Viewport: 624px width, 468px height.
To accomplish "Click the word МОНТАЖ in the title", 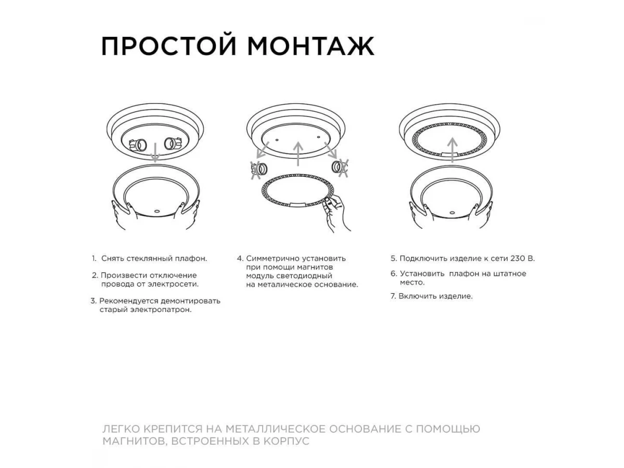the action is coord(310,46).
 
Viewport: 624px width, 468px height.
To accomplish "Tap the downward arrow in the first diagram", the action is coord(155,152).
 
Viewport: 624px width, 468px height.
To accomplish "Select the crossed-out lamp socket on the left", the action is coord(259,170).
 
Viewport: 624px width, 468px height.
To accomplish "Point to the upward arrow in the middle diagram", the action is coord(298,154).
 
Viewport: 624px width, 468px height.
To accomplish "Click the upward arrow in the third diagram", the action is coord(452,150).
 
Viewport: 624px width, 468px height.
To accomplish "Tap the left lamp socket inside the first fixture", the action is coord(138,145).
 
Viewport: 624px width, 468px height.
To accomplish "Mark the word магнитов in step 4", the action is coord(315,267).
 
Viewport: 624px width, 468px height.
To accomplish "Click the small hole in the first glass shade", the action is coord(157,211).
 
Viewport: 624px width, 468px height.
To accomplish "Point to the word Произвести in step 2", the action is coord(124,276).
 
